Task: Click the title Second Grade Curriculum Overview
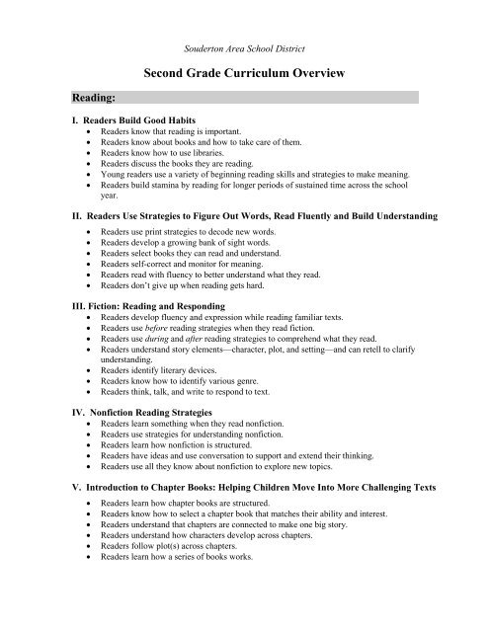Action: coord(243,73)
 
